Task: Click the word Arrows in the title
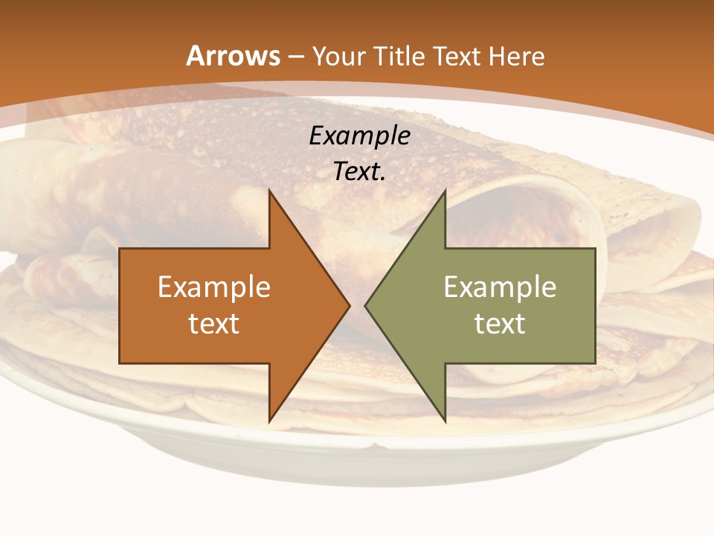click(x=233, y=56)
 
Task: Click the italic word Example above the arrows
click(x=359, y=135)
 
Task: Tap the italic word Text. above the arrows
click(x=359, y=171)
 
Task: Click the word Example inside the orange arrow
click(x=214, y=287)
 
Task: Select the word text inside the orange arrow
click(x=214, y=323)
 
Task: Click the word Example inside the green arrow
click(x=500, y=287)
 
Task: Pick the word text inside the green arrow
click(x=500, y=323)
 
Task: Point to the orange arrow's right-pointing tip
click(x=348, y=305)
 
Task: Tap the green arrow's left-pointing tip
click(x=367, y=305)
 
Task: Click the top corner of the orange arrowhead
click(x=269, y=192)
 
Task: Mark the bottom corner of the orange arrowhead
click(x=269, y=420)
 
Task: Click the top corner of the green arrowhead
click(x=445, y=192)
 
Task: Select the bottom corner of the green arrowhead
click(x=445, y=420)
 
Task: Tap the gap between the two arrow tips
click(x=357, y=305)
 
